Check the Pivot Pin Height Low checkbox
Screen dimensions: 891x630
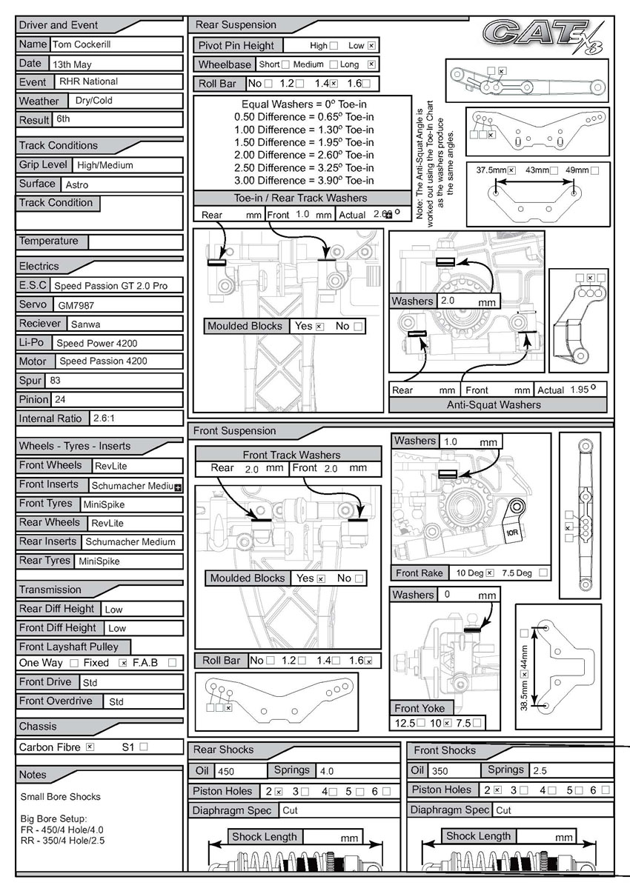coord(371,45)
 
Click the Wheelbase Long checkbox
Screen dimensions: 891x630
coord(371,64)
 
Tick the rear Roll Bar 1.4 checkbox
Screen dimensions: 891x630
coord(334,84)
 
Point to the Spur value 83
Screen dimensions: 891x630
coord(56,381)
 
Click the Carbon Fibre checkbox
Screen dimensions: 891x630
coord(90,747)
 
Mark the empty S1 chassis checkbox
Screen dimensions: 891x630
coord(144,747)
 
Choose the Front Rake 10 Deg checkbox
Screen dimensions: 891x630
coord(490,573)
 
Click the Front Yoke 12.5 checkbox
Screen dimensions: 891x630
coord(421,722)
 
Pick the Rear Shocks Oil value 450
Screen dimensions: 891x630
coord(226,771)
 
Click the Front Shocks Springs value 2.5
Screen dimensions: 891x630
coord(541,771)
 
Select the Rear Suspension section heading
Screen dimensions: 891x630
coord(236,25)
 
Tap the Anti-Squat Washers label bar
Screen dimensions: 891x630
coord(498,405)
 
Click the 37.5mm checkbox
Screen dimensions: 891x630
coord(511,170)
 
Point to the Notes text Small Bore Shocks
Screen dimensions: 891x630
coord(61,797)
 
